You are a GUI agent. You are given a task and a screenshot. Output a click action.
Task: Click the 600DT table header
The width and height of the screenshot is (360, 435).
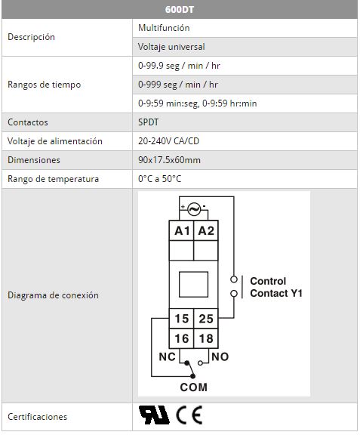coord(180,9)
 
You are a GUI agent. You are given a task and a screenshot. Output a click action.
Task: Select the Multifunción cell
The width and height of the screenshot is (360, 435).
coord(245,28)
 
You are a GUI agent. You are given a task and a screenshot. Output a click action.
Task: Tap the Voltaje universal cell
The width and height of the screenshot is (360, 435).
coord(245,47)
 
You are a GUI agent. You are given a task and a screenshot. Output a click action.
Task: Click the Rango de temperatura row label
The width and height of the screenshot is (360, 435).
coord(54,179)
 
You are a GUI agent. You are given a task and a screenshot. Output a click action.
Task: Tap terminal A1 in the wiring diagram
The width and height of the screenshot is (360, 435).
coord(181,230)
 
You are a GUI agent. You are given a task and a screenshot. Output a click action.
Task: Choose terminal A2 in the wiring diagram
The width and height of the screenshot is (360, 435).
coord(206,230)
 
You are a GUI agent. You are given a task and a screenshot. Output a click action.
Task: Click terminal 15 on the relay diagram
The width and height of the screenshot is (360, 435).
coord(181,319)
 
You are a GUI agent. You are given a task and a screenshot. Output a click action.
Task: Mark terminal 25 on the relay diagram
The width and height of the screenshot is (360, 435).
coord(206,319)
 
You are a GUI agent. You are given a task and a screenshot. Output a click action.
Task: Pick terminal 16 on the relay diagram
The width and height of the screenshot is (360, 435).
coord(181,338)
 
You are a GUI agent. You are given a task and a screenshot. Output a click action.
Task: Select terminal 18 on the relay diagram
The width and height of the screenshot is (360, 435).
coord(206,338)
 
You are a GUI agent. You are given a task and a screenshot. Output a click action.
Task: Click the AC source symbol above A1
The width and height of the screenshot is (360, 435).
coord(194,209)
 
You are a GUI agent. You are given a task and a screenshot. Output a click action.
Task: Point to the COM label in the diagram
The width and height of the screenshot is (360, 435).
coord(194,387)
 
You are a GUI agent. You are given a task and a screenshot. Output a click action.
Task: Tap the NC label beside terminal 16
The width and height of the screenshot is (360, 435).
coord(167,356)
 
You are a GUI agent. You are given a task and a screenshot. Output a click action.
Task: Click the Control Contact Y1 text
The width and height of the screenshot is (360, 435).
coord(276,287)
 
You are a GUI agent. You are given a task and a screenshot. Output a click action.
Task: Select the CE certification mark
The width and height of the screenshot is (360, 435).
coord(189,415)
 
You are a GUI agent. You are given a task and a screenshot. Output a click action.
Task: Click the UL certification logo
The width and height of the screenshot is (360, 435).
coord(154,415)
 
